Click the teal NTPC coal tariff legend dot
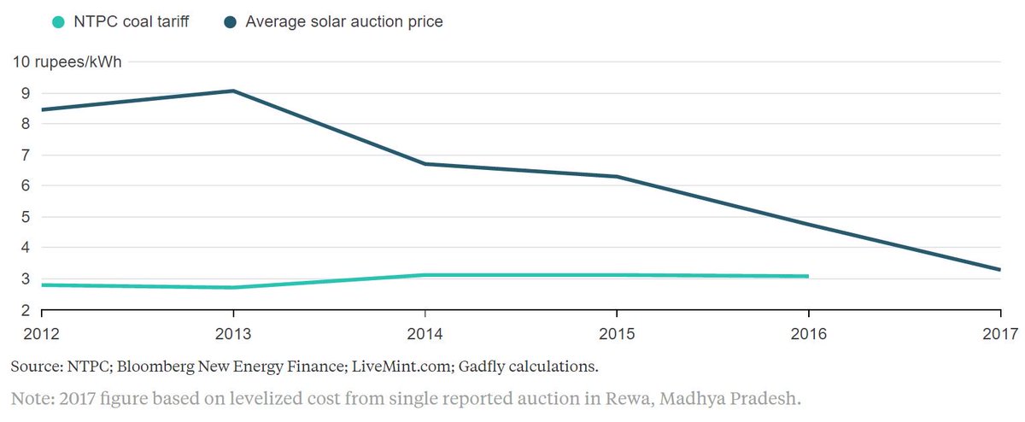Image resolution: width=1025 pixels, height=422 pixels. pyautogui.click(x=58, y=21)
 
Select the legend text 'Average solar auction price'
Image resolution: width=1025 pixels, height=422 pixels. pyautogui.click(x=344, y=21)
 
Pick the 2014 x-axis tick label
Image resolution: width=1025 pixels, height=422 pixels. pyautogui.click(x=425, y=333)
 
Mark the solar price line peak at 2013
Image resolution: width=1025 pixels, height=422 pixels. pyautogui.click(x=233, y=91)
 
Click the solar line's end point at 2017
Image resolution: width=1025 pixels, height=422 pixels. pyautogui.click(x=999, y=270)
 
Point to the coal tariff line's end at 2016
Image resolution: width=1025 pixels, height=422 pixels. pyautogui.click(x=807, y=276)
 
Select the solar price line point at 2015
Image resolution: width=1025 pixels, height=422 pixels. pyautogui.click(x=616, y=177)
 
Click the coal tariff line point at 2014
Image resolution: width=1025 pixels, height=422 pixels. pyautogui.click(x=425, y=275)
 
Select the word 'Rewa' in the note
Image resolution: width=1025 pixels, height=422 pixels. pyautogui.click(x=621, y=398)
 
